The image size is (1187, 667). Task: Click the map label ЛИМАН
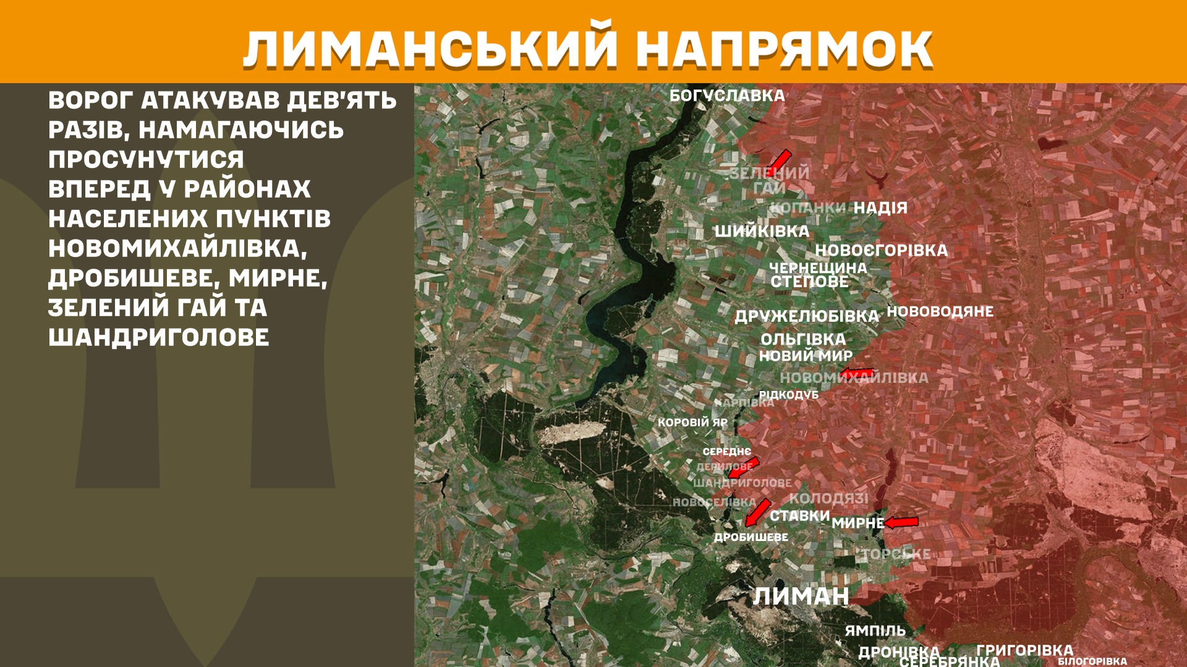[801, 597]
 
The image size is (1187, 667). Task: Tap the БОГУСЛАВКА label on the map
[727, 96]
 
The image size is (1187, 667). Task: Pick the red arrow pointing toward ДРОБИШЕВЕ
[757, 512]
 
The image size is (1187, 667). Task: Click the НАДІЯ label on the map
[880, 208]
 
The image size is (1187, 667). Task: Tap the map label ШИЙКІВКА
[762, 232]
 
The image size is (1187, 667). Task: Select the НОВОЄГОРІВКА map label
[881, 251]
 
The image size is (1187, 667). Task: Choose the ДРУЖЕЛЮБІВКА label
[806, 316]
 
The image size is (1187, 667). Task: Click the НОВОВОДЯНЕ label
[940, 312]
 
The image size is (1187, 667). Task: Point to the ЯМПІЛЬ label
[875, 631]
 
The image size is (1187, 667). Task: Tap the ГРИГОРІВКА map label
[1024, 650]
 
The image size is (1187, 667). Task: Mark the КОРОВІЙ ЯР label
[692, 422]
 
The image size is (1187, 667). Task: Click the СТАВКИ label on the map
[799, 516]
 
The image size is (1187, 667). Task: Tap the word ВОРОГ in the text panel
[90, 101]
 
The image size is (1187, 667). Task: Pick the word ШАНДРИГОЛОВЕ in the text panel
[159, 338]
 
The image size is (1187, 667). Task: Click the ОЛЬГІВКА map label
[802, 340]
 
